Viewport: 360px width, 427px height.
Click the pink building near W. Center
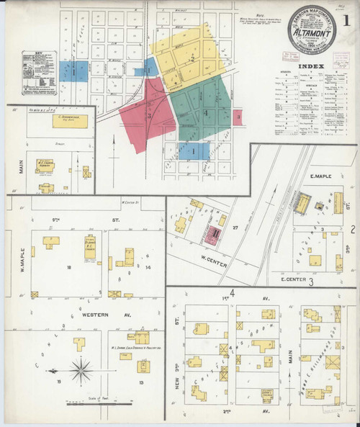pyautogui.click(x=215, y=233)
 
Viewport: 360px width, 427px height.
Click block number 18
pyautogui.click(x=69, y=267)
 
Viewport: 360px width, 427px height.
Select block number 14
pyautogui.click(x=148, y=267)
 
